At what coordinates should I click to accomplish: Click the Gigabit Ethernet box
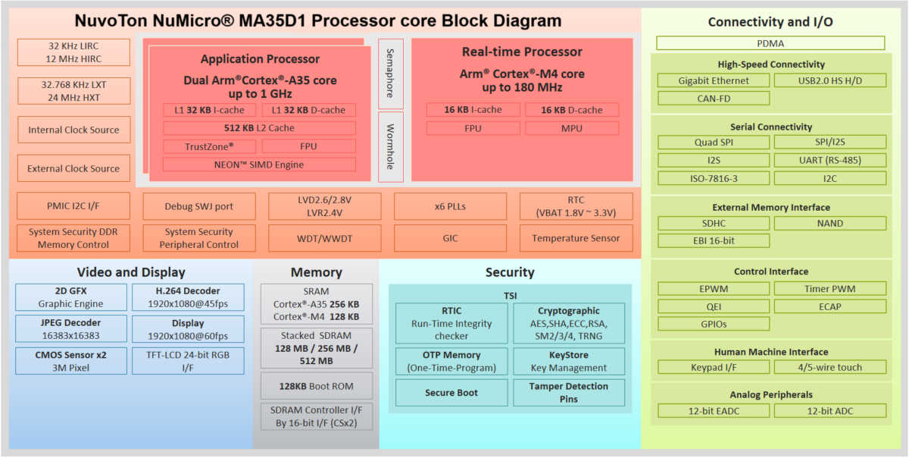coord(714,80)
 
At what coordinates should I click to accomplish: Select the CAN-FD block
coord(714,98)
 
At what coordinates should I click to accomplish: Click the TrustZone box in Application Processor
coord(210,146)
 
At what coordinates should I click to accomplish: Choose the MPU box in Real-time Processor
coord(572,128)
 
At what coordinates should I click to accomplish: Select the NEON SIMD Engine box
coord(259,165)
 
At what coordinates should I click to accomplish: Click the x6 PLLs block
coord(450,206)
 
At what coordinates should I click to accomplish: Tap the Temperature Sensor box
coord(576,238)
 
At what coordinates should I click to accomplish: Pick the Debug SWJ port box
coord(199,206)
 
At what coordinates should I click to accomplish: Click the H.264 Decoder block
coord(188,297)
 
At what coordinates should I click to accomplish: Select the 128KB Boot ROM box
coord(316,386)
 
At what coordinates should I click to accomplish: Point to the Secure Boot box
coord(451,393)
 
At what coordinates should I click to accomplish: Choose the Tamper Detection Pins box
coord(569,393)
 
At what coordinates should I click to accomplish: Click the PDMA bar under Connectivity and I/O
coord(770,43)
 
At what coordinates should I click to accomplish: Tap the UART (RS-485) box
coord(829,160)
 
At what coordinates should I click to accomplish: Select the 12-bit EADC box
coord(714,410)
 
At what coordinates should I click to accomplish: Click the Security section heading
coord(510,272)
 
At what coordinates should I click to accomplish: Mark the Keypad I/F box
coord(714,367)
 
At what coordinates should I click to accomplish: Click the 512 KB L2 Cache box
coord(259,128)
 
